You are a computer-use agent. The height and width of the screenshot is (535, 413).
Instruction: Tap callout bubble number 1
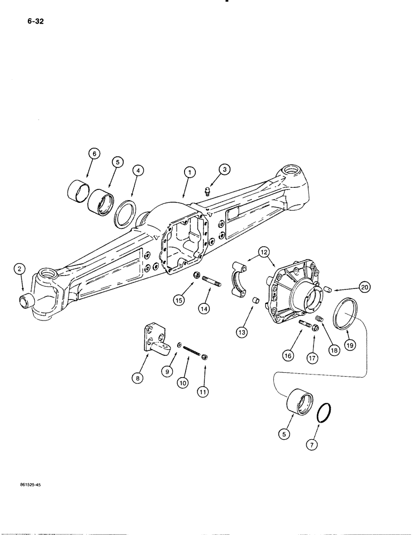click(x=189, y=172)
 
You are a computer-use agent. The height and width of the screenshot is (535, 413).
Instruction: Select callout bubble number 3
click(x=226, y=170)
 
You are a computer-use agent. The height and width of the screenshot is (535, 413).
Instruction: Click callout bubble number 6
click(x=94, y=154)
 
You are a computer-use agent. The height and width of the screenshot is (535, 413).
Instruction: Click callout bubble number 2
click(x=19, y=270)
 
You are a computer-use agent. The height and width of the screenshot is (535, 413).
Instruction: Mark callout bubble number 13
click(x=241, y=332)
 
